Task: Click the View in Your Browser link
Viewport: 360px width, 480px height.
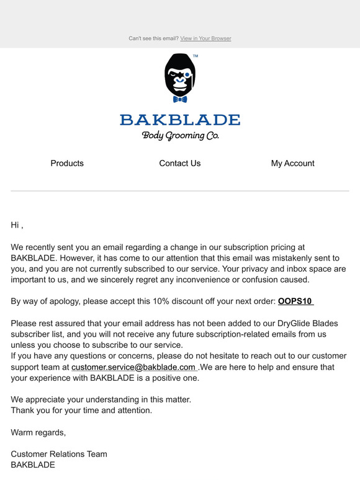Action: [x=205, y=38]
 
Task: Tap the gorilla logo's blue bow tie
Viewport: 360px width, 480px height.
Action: [x=180, y=99]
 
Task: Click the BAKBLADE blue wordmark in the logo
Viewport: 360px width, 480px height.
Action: [x=180, y=120]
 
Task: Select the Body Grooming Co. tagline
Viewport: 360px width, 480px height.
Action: [x=180, y=135]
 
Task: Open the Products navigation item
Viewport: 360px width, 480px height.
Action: [x=67, y=163]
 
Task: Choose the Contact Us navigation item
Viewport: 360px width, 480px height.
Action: [x=180, y=163]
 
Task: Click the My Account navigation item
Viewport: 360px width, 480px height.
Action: [x=292, y=163]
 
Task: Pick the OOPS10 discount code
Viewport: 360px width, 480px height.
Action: [x=295, y=302]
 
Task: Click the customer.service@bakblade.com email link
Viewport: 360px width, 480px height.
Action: [x=133, y=367]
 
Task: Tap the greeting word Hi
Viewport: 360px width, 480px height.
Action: [x=16, y=225]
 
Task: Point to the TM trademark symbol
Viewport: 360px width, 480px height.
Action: [x=196, y=56]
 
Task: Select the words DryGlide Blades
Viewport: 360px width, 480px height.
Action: [x=295, y=324]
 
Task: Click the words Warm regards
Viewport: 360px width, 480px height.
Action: [x=38, y=432]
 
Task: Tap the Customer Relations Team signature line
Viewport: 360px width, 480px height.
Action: [x=59, y=454]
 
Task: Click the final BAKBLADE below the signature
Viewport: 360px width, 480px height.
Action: [x=33, y=464]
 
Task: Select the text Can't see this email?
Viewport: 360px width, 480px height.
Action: [x=153, y=38]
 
